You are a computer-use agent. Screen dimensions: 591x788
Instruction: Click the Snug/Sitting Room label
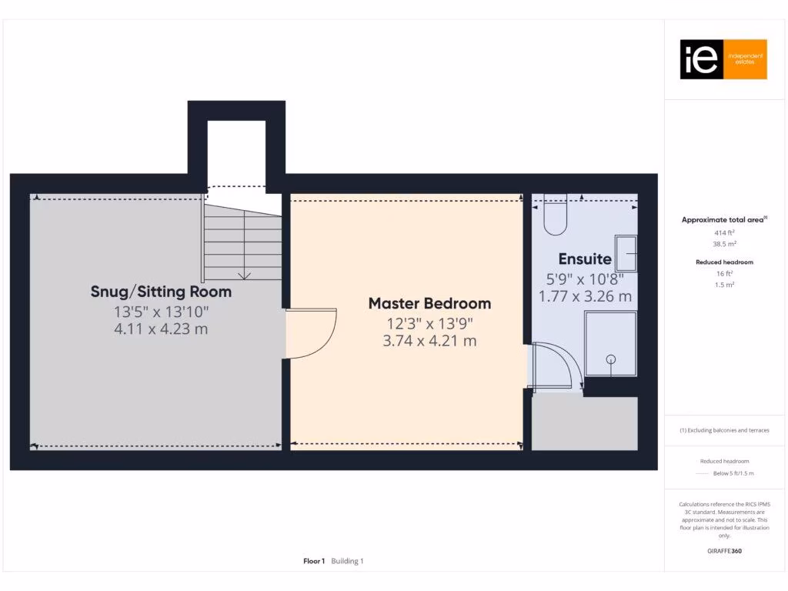161,292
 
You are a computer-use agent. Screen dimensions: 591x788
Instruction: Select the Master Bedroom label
429,303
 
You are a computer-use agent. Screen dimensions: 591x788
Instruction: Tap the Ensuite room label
585,259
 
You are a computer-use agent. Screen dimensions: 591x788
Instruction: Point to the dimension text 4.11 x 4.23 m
161,329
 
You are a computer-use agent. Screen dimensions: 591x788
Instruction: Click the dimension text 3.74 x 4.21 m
429,339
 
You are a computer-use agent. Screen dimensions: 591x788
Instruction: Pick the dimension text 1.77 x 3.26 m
585,295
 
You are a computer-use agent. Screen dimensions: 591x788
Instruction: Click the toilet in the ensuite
555,218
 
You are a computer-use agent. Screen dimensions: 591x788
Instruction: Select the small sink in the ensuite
626,254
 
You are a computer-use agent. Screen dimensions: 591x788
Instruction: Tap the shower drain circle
612,359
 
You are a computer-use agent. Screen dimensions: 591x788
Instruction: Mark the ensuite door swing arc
559,366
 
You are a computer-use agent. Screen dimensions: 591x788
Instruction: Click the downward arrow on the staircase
245,273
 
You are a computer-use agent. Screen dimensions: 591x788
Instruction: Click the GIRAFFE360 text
724,551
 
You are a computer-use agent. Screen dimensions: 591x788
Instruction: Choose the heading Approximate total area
723,220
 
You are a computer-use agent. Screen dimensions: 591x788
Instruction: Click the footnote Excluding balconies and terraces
724,430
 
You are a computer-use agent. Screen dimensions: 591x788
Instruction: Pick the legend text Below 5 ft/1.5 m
733,473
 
